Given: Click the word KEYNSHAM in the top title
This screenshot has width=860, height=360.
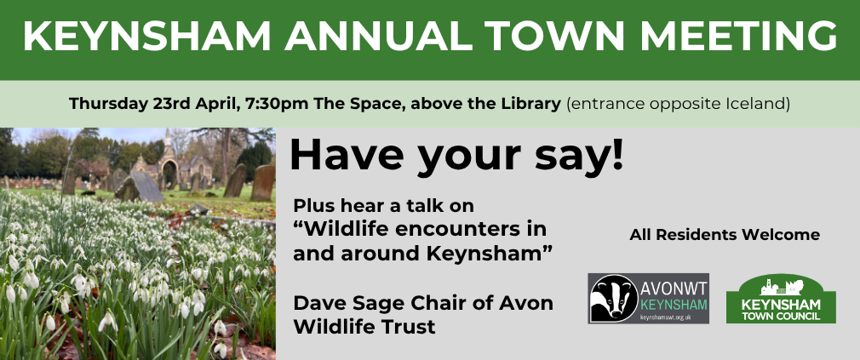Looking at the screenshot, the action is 147,37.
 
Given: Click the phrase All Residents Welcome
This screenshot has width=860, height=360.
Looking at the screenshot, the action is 725,235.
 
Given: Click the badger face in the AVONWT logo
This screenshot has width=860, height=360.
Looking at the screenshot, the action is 614,298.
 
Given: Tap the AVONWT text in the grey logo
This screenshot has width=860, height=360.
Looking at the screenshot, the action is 674,288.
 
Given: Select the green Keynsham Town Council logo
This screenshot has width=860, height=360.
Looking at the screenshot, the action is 781,299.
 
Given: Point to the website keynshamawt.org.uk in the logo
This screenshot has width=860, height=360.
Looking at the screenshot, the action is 665,317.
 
